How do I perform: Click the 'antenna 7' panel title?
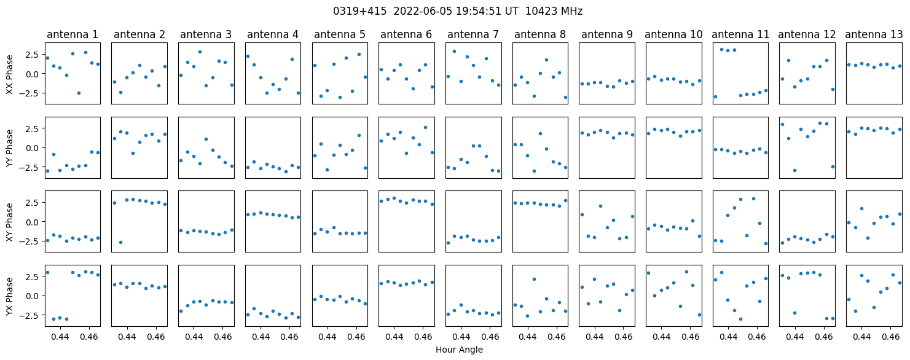pyautogui.click(x=473, y=34)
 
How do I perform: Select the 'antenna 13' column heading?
pyautogui.click(x=874, y=34)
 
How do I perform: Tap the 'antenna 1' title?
pyautogui.click(x=73, y=34)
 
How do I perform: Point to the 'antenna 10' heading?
pyautogui.click(x=673, y=34)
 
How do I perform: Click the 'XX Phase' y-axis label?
pyautogui.click(x=9, y=74)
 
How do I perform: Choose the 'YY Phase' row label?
pyautogui.click(x=9, y=148)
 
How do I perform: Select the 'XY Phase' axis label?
pyautogui.click(x=9, y=222)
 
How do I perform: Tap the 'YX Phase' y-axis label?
pyautogui.click(x=9, y=296)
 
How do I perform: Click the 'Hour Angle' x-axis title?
pyautogui.click(x=459, y=350)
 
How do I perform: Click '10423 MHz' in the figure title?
pyautogui.click(x=554, y=11)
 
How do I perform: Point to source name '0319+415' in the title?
pyautogui.click(x=360, y=11)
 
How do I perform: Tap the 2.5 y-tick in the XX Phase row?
pyautogui.click(x=34, y=55)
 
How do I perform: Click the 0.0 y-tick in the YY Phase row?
pyautogui.click(x=34, y=148)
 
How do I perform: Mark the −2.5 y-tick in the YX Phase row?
pyautogui.click(x=32, y=315)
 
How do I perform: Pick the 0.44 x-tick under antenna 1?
pyautogui.click(x=61, y=337)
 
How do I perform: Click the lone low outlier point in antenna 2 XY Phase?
pyautogui.click(x=120, y=242)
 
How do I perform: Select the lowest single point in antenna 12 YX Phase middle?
pyautogui.click(x=794, y=313)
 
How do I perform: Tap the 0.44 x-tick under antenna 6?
pyautogui.click(x=394, y=337)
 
